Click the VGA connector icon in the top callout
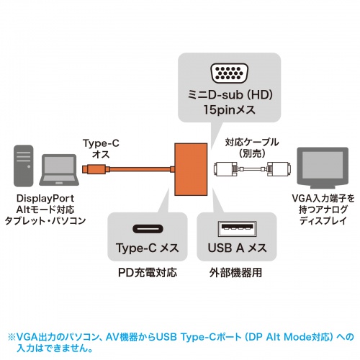tap(228, 73)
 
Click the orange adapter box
tap(190, 169)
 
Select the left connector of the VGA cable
tap(226, 171)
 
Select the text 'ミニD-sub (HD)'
tap(228, 97)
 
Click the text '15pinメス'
tap(228, 112)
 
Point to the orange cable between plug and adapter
tap(133, 171)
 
